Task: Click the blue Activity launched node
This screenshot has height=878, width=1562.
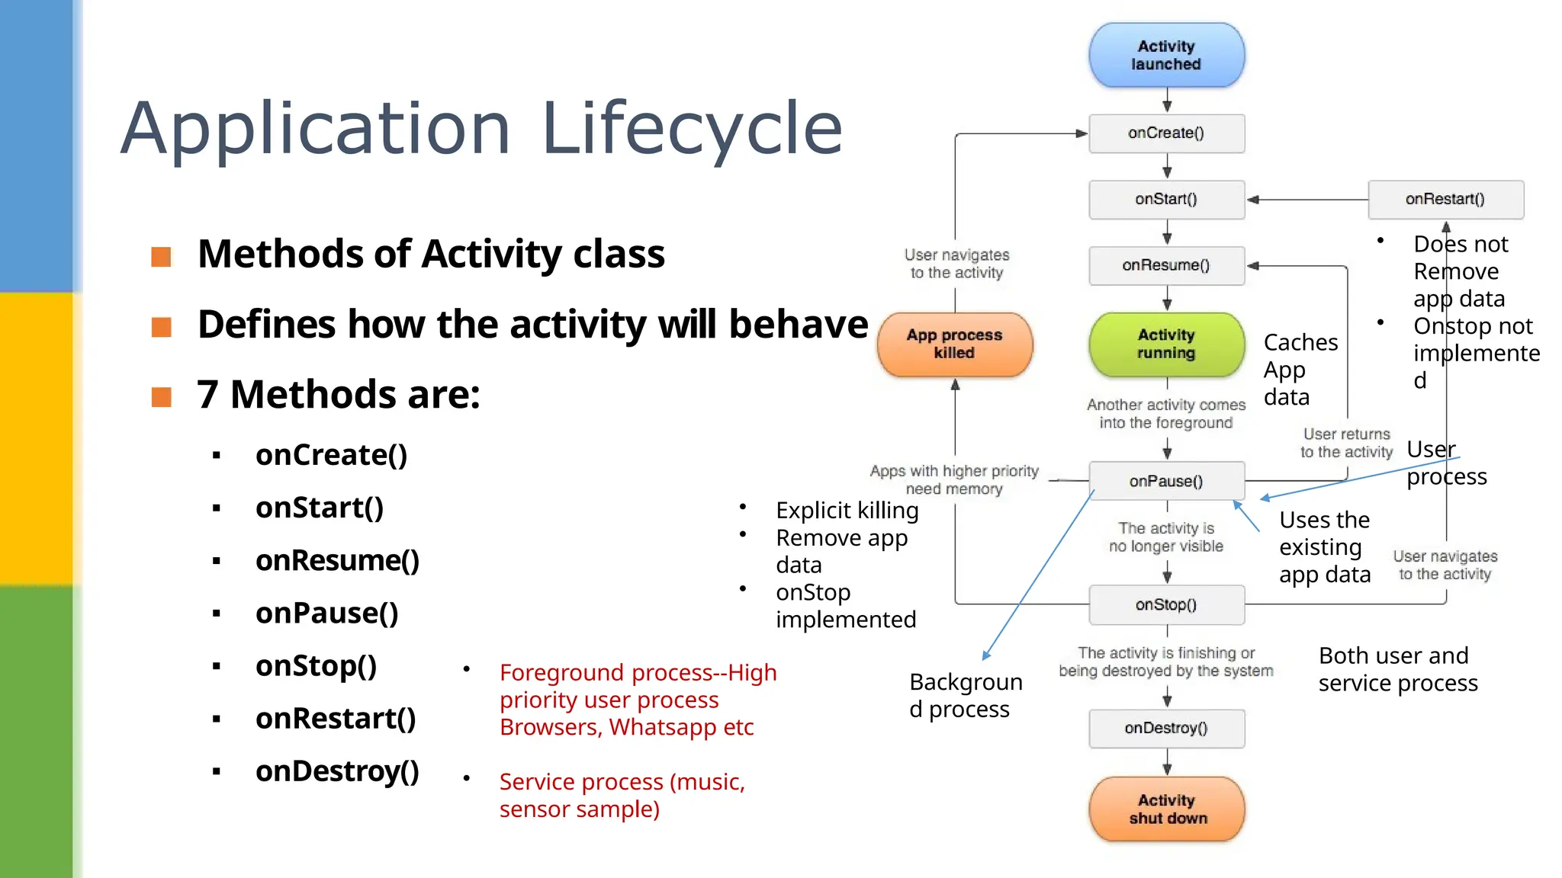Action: [x=1166, y=56]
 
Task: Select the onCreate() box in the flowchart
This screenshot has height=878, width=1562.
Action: [x=1166, y=133]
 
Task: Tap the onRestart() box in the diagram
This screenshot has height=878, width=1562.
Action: [x=1445, y=200]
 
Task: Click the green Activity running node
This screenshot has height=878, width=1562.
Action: [x=1166, y=344]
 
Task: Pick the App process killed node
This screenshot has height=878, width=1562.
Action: [x=955, y=344]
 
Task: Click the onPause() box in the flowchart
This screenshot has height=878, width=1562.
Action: [x=1166, y=482]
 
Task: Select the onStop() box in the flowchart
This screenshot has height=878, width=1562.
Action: [x=1166, y=605]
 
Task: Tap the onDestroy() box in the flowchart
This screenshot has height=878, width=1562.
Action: [x=1166, y=729]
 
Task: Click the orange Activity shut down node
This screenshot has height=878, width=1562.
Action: [x=1166, y=809]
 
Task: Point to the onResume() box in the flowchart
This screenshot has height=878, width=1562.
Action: [x=1166, y=266]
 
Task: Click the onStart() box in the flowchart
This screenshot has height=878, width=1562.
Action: [x=1166, y=200]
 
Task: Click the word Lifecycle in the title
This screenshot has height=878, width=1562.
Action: [x=691, y=130]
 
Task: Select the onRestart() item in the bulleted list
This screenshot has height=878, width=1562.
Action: [x=336, y=719]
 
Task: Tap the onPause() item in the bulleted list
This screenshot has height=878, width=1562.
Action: [x=326, y=614]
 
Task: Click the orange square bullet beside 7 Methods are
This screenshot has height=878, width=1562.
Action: [x=162, y=397]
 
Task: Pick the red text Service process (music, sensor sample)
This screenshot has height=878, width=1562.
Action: [x=622, y=795]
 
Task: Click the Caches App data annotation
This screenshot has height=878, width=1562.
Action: [x=1299, y=370]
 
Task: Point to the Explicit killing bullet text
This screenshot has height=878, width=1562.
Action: [x=847, y=510]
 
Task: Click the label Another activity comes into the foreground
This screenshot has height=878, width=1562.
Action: [x=1165, y=414]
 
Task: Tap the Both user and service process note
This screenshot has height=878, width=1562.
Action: [x=1397, y=669]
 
